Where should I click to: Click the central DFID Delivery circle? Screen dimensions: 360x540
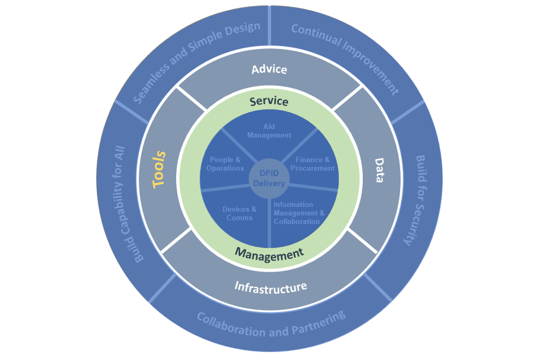click(269, 179)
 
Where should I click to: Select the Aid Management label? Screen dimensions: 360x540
click(269, 131)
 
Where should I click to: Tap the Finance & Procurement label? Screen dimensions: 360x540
click(315, 164)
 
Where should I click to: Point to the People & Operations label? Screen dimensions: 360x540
click(225, 164)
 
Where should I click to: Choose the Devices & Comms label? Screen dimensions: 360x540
click(239, 213)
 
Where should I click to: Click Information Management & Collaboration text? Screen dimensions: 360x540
click(299, 213)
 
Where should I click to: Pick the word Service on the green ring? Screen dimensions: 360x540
click(269, 101)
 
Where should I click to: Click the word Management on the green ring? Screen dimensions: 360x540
click(269, 253)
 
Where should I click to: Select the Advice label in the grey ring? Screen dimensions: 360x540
click(269, 69)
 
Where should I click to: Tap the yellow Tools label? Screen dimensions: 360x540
click(160, 168)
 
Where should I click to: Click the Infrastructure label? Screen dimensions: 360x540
click(271, 287)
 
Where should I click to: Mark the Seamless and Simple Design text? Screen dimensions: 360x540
click(197, 62)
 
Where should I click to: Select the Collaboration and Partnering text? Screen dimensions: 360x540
click(271, 325)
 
